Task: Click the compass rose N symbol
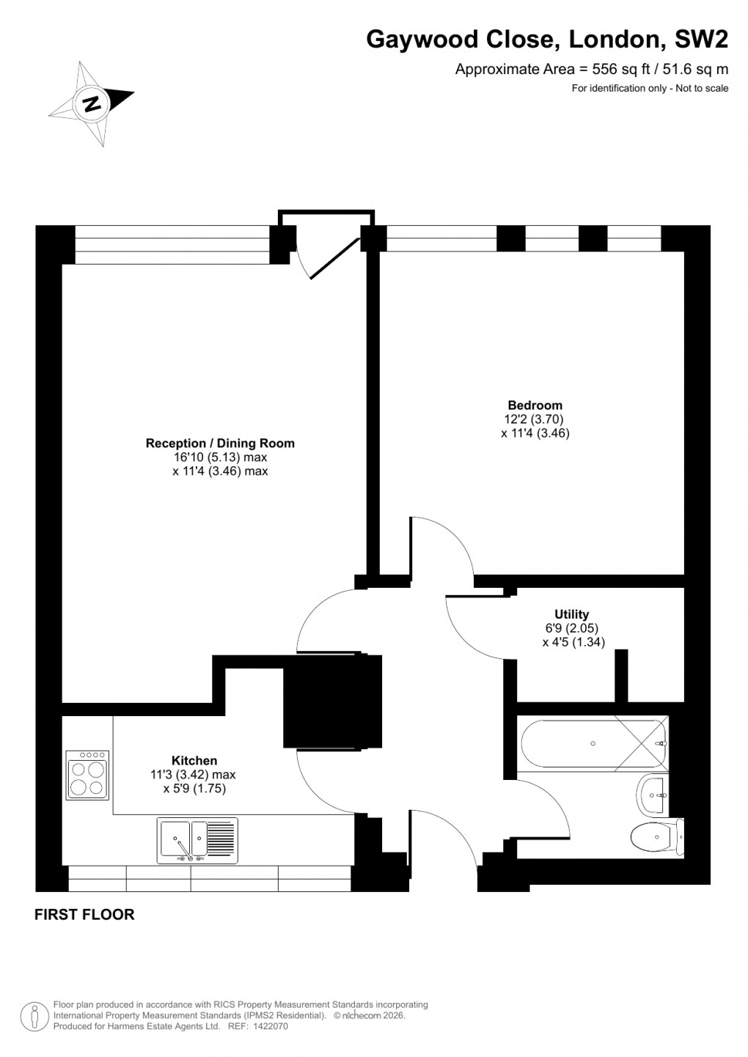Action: (92, 103)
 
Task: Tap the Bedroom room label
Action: (535, 405)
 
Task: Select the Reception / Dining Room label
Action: (220, 443)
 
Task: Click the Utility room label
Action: (571, 615)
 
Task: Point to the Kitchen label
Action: (194, 761)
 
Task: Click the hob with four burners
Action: (87, 775)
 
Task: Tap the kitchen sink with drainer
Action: (197, 840)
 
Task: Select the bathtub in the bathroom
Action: (593, 743)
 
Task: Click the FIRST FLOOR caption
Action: (84, 915)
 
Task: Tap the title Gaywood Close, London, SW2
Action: (547, 40)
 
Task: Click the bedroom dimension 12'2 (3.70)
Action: (535, 419)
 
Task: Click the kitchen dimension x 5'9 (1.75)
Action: (194, 789)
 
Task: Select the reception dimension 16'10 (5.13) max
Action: (220, 457)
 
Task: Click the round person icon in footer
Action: (34, 1016)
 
